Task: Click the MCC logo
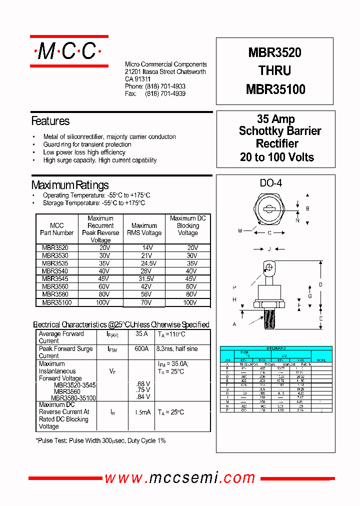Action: [x=69, y=51]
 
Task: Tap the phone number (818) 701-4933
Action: [x=165, y=86]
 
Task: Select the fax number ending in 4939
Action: [x=165, y=94]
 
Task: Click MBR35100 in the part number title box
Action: [x=275, y=89]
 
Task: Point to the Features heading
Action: [x=50, y=121]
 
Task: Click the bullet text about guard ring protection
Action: [x=87, y=144]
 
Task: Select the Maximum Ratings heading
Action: [x=70, y=185]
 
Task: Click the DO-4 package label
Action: [x=270, y=183]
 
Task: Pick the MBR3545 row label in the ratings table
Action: [x=55, y=279]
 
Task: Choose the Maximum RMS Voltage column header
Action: [x=144, y=229]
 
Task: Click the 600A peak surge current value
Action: [x=141, y=349]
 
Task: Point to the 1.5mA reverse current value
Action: [x=141, y=412]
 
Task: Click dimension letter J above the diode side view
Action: [x=269, y=249]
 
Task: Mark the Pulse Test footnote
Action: [x=100, y=441]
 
